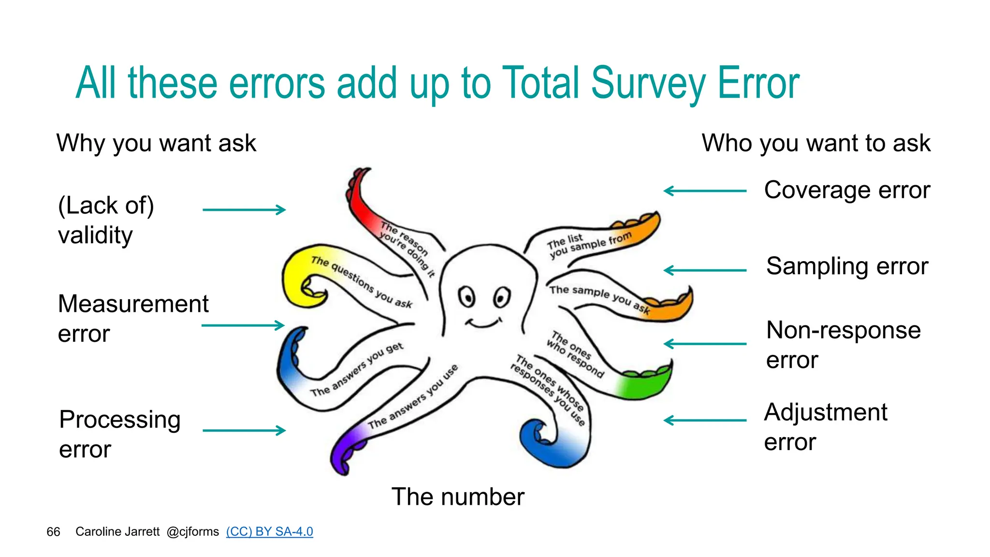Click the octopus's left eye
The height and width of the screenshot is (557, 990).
point(467,296)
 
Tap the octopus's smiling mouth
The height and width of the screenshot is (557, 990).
point(483,323)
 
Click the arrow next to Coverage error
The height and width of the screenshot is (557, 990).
point(705,191)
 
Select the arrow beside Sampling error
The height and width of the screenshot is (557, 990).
point(705,270)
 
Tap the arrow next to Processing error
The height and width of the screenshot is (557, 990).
point(244,430)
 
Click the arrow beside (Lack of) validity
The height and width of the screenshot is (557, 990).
point(244,210)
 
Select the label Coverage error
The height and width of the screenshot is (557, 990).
point(847,190)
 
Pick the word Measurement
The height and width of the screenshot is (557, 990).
point(133,304)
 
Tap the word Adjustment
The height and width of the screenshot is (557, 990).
point(826,412)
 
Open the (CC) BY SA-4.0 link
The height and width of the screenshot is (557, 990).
point(269,531)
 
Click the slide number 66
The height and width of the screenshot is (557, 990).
point(53,532)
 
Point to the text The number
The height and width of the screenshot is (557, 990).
point(457,497)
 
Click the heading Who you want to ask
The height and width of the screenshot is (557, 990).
point(816,143)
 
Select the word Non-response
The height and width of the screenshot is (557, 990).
point(844,330)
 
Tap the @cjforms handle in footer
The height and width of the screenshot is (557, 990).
point(192,532)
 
